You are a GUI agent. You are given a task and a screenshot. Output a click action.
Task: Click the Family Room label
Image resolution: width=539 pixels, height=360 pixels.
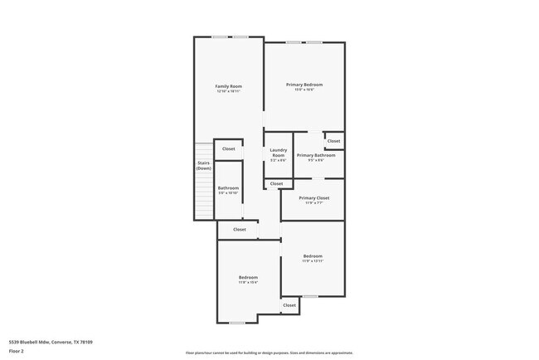click(x=228, y=86)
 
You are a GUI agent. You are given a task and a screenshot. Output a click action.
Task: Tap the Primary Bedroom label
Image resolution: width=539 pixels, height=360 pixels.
click(x=304, y=85)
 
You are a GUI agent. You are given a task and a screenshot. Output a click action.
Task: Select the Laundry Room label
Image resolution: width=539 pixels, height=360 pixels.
click(x=278, y=153)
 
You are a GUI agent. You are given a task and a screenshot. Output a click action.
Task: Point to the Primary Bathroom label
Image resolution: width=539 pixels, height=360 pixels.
click(x=316, y=155)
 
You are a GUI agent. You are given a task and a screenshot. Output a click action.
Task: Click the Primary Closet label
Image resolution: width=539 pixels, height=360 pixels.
click(x=314, y=198)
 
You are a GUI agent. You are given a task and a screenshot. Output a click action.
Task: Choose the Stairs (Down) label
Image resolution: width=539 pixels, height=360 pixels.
click(x=204, y=166)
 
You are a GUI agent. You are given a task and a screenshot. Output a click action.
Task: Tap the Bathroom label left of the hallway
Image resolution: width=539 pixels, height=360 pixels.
click(x=228, y=188)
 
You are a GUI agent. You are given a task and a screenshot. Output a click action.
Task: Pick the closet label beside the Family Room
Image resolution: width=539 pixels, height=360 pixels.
click(x=228, y=149)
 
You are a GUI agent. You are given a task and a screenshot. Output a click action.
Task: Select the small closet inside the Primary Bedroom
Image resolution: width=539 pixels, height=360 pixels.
click(x=333, y=141)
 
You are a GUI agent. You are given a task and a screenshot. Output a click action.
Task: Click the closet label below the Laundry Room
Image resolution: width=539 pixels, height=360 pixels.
click(x=276, y=183)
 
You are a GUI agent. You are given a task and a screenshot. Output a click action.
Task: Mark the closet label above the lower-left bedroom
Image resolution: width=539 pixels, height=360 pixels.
click(x=240, y=229)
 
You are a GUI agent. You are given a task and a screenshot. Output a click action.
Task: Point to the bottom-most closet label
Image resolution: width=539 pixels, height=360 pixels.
click(x=289, y=305)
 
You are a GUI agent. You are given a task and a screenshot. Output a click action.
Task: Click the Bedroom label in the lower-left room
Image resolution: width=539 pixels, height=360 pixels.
click(x=248, y=277)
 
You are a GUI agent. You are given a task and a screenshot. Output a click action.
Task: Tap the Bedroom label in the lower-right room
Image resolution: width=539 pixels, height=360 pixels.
click(x=313, y=255)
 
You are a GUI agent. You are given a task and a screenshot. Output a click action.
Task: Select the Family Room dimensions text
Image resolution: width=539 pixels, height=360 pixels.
click(x=228, y=91)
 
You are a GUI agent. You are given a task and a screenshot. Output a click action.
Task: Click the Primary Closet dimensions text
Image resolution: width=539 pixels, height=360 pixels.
click(x=314, y=203)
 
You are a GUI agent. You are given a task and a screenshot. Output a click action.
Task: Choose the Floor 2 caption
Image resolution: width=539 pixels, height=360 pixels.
click(x=17, y=351)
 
